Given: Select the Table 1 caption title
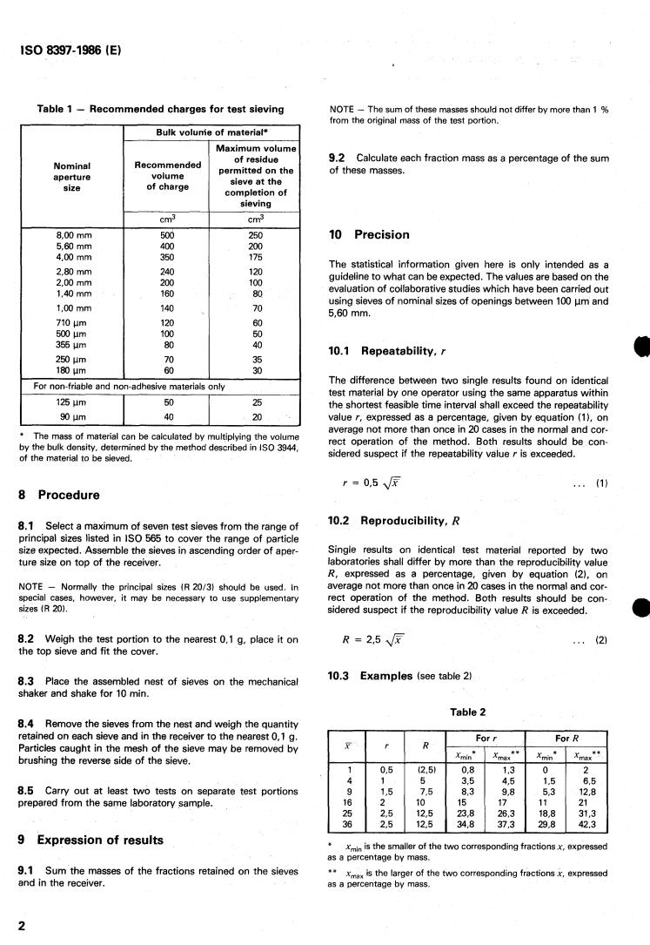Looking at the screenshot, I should point(160,109).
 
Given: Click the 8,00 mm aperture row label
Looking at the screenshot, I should point(72,234).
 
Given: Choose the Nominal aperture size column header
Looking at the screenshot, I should point(72,173).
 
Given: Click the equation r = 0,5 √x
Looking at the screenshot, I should point(372,483).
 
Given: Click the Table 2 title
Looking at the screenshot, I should point(466,711).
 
